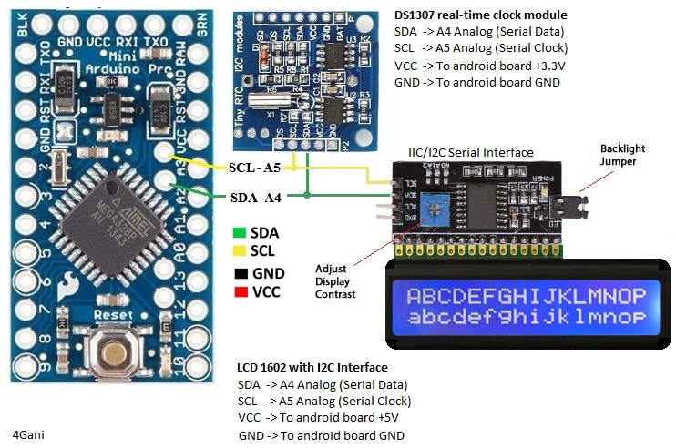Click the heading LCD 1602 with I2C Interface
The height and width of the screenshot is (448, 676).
(312, 367)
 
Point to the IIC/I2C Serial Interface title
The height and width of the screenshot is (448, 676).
(470, 152)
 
